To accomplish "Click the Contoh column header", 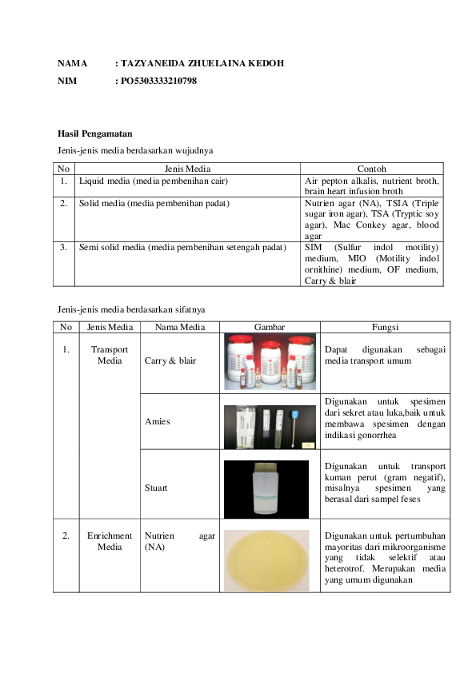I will (x=371, y=169).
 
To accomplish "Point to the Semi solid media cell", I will (x=182, y=247).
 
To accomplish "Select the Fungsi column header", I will (x=385, y=327).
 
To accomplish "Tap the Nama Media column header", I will (x=179, y=327).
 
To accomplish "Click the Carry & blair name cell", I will (x=170, y=360).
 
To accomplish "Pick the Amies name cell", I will (x=157, y=420).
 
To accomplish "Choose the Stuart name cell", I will (x=157, y=487).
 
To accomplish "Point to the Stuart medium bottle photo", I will (x=266, y=489).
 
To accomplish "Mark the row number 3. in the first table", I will (x=63, y=247).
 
